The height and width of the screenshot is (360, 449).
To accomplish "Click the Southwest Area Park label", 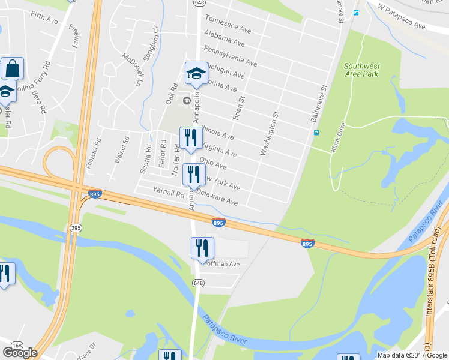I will (x=361, y=70).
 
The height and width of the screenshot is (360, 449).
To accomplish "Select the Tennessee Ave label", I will (x=228, y=24).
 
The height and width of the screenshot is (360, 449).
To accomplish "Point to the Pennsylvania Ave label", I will (x=231, y=56).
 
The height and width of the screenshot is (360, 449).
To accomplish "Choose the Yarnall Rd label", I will (x=169, y=193).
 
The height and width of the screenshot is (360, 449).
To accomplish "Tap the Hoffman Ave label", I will (x=221, y=263).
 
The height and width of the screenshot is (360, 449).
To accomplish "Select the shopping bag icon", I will (x=12, y=68).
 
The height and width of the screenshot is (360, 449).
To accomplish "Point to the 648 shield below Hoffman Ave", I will (x=199, y=283).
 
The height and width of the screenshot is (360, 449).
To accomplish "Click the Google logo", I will (x=20, y=353).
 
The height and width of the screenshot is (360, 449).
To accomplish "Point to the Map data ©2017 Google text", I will (x=412, y=355).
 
